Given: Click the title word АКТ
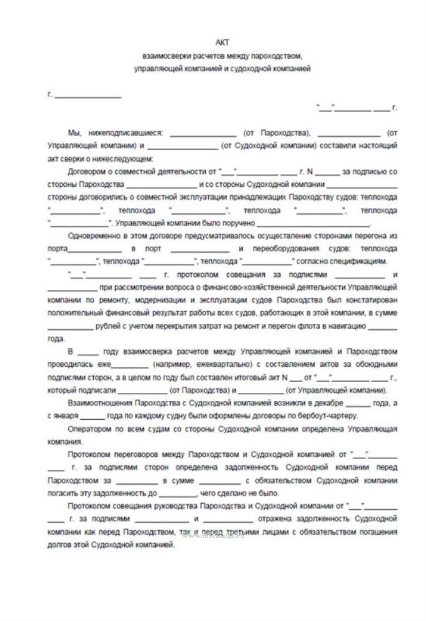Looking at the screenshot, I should click(222, 43).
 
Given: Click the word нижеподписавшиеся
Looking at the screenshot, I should click(125, 133).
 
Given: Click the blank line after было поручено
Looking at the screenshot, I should click(314, 224).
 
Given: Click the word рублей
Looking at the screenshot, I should click(107, 326).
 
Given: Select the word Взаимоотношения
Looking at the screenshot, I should click(99, 403).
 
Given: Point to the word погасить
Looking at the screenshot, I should click(63, 493).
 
